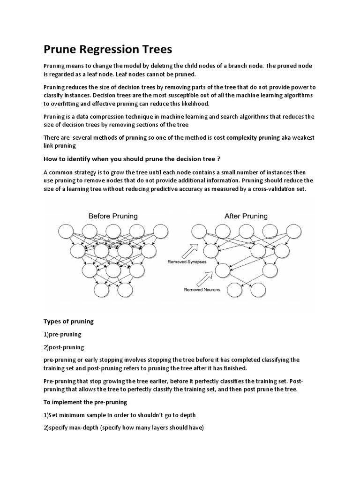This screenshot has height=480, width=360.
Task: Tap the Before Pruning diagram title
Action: tap(113, 216)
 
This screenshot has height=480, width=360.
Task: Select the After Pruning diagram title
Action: tap(246, 216)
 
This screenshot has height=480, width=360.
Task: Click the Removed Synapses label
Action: tap(187, 262)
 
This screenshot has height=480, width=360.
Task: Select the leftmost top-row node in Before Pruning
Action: tap(66, 231)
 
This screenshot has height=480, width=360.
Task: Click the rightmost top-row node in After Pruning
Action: tap(294, 231)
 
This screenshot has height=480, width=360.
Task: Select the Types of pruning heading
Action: tap(68, 321)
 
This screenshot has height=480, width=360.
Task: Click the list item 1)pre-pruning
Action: tap(62, 334)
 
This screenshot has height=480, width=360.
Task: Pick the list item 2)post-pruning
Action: tap(64, 347)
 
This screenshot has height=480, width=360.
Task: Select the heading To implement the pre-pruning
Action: tap(85, 402)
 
